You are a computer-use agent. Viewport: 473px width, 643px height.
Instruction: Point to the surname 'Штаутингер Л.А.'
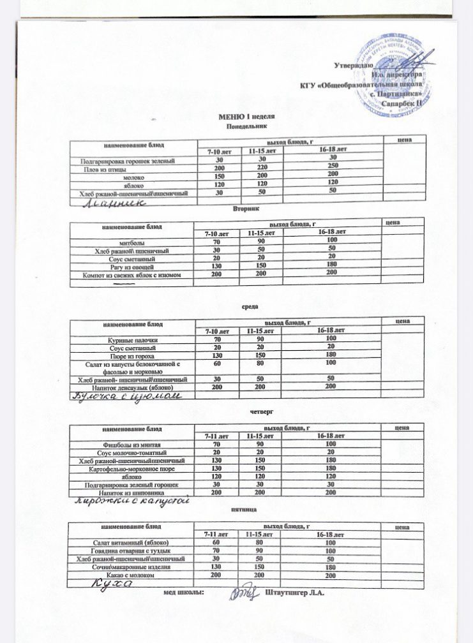click(294, 594)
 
